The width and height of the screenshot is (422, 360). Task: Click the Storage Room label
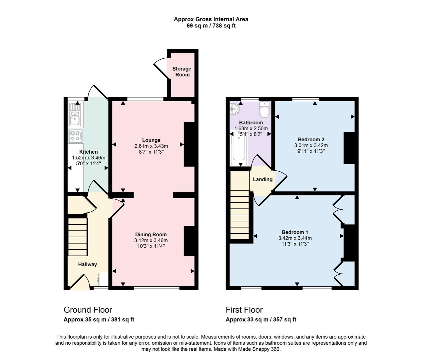182,72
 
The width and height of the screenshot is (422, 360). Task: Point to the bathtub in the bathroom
239,149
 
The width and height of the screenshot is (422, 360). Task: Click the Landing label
262,179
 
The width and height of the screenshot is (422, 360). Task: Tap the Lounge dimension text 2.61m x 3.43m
151,146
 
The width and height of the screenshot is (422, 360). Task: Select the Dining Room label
151,234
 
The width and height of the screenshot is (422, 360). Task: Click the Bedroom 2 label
311,139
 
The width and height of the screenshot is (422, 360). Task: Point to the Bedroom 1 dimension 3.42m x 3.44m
295,238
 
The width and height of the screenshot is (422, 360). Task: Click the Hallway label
87,264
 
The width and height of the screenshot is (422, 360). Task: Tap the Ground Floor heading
88,310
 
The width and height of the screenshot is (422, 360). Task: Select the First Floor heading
244,310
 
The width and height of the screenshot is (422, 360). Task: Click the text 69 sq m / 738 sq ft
211,26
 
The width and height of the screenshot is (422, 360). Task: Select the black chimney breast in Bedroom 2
349,148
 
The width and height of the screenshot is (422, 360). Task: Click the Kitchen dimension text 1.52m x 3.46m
88,158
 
